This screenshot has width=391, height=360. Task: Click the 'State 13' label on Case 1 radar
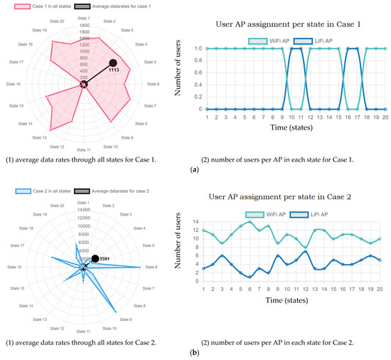38,137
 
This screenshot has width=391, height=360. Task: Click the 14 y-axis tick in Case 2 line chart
198,221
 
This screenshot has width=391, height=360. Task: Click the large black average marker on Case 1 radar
113,63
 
